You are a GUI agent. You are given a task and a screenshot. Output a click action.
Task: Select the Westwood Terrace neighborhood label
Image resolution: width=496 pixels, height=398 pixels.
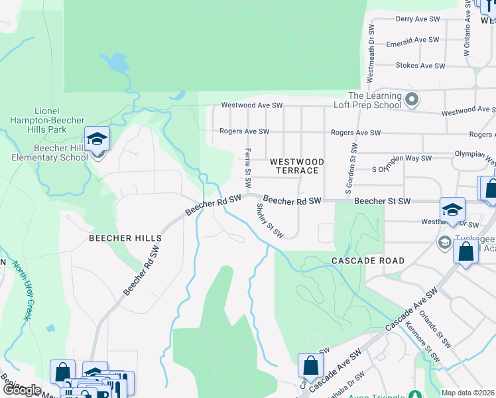coord(296,166)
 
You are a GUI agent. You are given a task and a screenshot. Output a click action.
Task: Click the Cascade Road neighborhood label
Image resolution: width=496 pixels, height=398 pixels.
coord(367,261)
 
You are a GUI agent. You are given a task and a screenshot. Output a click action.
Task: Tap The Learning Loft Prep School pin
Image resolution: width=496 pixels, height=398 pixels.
coord(412,100)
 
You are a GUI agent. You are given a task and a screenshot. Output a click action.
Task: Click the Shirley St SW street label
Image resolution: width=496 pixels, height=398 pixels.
coord(270,220)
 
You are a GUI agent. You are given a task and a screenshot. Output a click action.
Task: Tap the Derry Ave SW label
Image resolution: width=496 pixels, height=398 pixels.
coord(418,20)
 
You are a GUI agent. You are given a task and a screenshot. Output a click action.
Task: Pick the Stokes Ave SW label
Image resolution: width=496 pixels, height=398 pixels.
coord(420,66)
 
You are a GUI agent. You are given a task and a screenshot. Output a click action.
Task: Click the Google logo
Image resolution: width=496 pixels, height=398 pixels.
coord(22,390)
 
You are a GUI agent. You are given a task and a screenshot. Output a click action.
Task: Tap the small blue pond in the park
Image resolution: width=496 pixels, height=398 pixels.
coord(117,64)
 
